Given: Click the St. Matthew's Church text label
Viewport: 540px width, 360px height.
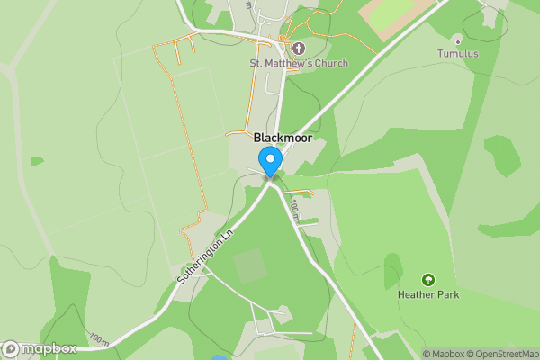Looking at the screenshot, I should point(286,63).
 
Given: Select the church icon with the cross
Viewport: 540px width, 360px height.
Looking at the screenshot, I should point(297,48).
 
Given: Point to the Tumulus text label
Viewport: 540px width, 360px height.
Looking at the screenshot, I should point(458,54).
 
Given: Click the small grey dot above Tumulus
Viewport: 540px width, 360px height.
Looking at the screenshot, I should point(458,40).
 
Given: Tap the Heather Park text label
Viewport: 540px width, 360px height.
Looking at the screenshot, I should point(427,294).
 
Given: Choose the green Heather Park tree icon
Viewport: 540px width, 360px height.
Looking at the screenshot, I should point(427,280).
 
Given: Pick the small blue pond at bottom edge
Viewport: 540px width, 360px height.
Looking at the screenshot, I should point(219,357).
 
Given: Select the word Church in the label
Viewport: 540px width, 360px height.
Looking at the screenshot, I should point(306,63).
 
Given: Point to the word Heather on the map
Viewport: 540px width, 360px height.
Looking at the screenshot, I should point(416,294).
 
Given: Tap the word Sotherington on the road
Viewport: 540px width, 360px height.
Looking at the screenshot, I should point(199,262).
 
